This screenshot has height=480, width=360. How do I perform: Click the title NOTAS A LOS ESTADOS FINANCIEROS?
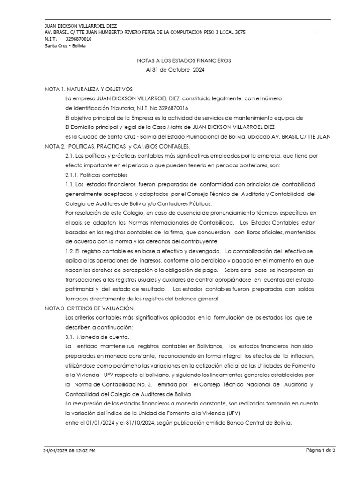tap(184, 60)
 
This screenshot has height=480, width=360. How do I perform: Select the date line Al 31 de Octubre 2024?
tap(175, 70)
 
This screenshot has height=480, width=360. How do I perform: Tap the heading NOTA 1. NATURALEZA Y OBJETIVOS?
tap(89, 89)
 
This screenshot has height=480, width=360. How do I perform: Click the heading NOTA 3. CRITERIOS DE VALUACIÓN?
tap(90, 308)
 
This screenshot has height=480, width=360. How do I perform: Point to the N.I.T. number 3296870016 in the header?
tap(79, 39)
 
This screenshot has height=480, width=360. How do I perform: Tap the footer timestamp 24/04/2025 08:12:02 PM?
tap(70, 451)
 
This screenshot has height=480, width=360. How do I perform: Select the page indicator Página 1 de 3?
tap(321, 450)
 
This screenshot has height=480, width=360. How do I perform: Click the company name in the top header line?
tap(81, 26)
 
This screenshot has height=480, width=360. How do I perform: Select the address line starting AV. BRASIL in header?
tap(144, 32)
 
